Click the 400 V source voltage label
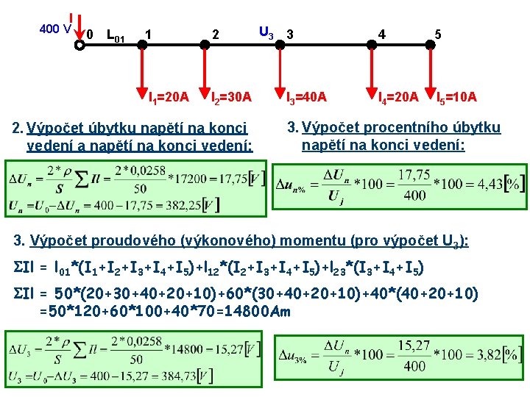[x=55, y=29]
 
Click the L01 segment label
[x=115, y=34]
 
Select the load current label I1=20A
[x=168, y=96]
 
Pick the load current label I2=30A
[x=231, y=96]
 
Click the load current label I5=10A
[x=456, y=96]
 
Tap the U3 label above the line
[x=266, y=32]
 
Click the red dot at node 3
[x=280, y=44]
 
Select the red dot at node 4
[x=372, y=44]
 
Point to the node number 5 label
[x=438, y=34]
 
